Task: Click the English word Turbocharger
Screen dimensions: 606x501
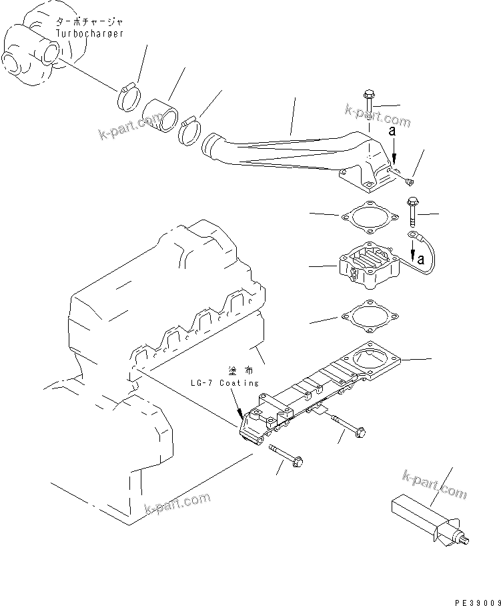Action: point(87,33)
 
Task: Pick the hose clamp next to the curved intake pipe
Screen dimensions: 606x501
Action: point(191,129)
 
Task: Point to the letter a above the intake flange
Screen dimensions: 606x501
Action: point(393,132)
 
